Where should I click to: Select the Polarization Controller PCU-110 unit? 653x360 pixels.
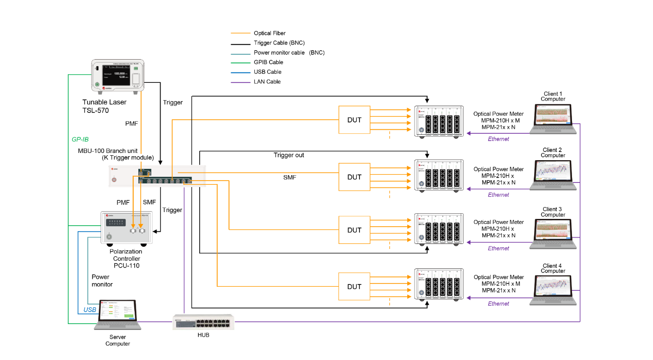126,228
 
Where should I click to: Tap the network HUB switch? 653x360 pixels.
203,322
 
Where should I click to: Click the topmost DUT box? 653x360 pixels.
354,120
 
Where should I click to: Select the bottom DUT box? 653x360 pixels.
354,287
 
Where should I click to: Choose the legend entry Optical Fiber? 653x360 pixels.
269,33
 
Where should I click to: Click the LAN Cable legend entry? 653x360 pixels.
267,82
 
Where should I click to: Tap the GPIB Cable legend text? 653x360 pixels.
268,62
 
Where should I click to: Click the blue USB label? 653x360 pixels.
90,310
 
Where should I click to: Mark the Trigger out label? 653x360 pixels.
289,155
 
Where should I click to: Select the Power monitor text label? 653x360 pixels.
101,280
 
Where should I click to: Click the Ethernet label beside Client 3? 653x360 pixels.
498,248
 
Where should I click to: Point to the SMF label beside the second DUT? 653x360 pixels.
289,177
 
